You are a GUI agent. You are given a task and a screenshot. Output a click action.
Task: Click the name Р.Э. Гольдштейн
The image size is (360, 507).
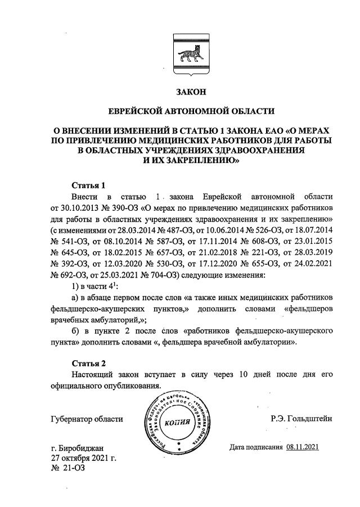click(302, 418)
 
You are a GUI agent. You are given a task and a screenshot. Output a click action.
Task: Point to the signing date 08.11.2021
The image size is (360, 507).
click(303, 447)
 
